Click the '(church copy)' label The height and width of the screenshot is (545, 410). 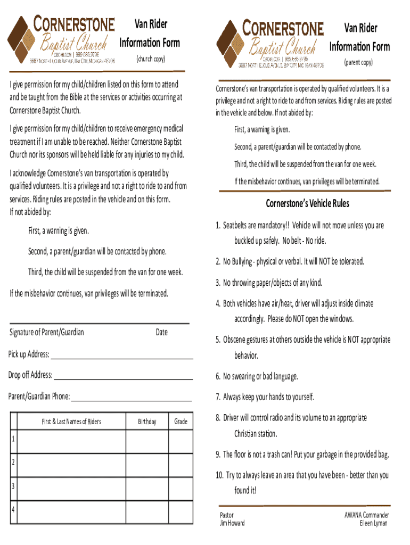(151, 59)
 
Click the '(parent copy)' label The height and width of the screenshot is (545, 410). (358, 63)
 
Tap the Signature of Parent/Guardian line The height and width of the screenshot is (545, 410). (100, 323)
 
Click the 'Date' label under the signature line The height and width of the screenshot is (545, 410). (161, 332)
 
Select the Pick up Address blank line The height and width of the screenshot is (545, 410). (121, 358)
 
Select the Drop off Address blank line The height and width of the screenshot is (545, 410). (123, 379)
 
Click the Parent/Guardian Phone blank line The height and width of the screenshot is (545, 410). (131, 400)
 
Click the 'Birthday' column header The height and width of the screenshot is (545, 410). (147, 422)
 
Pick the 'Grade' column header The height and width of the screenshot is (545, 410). (181, 422)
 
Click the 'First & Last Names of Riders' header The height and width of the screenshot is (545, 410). (71, 422)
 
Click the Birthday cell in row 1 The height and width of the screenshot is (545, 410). (147, 441)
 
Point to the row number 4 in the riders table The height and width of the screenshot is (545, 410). (13, 508)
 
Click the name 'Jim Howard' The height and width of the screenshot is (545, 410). (232, 523)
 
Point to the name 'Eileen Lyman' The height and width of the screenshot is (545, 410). (374, 523)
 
